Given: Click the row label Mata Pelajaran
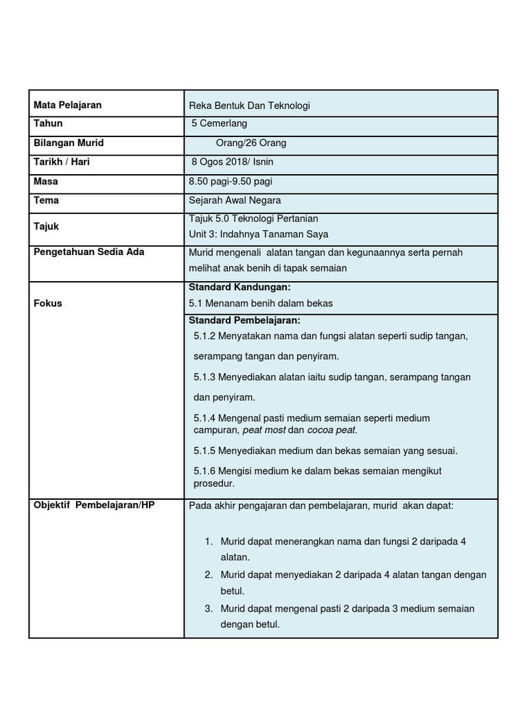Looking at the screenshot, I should [67, 105].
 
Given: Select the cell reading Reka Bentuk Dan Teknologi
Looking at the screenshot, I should [250, 106].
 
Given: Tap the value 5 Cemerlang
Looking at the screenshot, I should [220, 124].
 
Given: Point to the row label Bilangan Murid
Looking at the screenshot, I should [69, 143].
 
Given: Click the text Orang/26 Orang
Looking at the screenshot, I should [251, 143].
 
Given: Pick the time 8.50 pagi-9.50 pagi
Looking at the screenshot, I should [231, 182].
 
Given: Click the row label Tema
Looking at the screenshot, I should [46, 200].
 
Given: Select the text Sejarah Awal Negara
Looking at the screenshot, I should [235, 201].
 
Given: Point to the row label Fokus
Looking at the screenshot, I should [48, 303].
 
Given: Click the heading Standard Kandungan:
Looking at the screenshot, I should [235, 287].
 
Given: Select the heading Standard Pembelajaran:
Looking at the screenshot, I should [244, 320].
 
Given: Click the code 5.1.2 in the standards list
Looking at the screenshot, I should [205, 337].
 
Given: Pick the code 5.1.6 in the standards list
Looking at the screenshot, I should [205, 470].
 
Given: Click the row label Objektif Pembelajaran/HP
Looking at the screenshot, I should [94, 505].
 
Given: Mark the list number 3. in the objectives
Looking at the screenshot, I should [209, 609].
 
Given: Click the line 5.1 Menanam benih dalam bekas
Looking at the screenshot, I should [260, 303].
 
